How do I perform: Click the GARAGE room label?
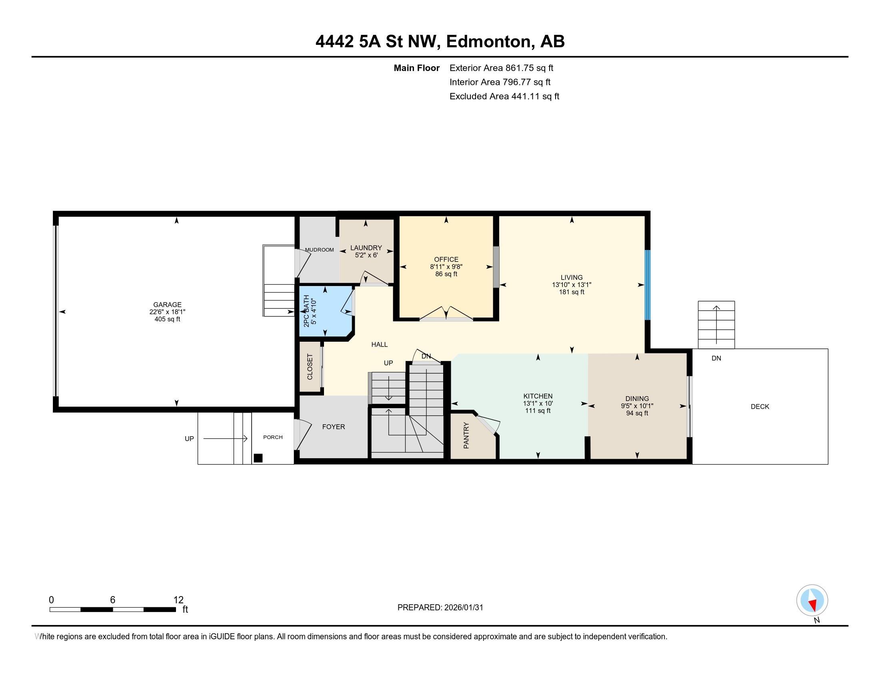click(x=167, y=304)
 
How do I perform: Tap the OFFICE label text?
click(x=446, y=260)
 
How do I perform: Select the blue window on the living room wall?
click(x=648, y=285)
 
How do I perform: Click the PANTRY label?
click(x=466, y=435)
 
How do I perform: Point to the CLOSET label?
click(x=310, y=367)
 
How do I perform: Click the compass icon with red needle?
click(x=812, y=600)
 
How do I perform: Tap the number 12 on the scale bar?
click(x=178, y=600)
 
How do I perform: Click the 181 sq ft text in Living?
click(x=571, y=292)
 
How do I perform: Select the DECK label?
click(x=760, y=407)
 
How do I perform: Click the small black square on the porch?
click(x=258, y=458)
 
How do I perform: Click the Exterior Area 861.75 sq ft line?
click(x=501, y=68)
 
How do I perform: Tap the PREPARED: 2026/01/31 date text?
click(x=440, y=608)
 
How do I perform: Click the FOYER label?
click(x=333, y=427)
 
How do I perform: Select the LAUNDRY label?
click(x=366, y=248)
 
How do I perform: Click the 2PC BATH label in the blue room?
click(x=306, y=311)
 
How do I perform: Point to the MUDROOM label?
click(x=319, y=250)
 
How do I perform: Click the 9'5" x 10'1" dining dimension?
click(x=637, y=406)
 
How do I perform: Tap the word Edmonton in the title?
click(x=488, y=42)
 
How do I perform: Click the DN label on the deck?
click(x=716, y=358)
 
